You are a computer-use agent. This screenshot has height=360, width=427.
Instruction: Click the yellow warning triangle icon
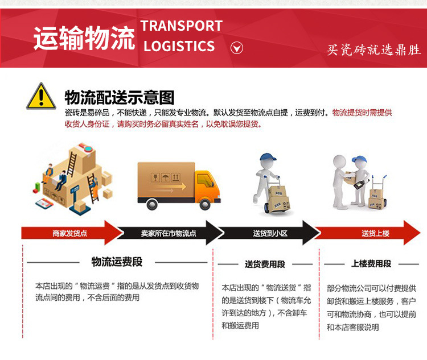click(x=41, y=96)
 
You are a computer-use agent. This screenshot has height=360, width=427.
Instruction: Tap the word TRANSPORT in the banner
click(x=182, y=26)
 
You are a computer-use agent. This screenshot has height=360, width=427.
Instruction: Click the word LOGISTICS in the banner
click(x=179, y=46)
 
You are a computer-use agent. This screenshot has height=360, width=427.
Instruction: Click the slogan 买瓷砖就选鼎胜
click(x=373, y=50)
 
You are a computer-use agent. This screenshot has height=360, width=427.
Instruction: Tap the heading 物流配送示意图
click(x=119, y=97)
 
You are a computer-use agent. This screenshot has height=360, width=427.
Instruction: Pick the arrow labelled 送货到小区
click(x=270, y=233)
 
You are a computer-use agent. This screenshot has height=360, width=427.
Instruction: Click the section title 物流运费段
click(x=117, y=262)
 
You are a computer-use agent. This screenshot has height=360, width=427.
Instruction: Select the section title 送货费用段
click(x=265, y=264)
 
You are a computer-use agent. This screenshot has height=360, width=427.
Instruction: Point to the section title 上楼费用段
click(x=371, y=264)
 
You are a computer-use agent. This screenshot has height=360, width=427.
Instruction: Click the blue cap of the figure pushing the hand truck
click(x=266, y=157)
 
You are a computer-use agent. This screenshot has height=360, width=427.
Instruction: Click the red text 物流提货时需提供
click(x=362, y=113)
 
